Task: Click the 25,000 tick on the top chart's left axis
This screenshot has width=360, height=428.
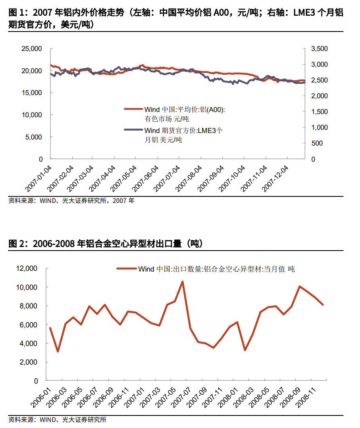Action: point(31,48)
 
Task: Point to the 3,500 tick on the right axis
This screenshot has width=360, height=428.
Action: point(320,48)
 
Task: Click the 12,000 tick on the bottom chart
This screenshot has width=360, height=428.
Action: point(26,268)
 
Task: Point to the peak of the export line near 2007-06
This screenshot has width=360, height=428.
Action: point(183,282)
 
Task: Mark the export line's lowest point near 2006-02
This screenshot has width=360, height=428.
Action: point(58,351)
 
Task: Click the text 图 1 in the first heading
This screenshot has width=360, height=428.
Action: point(16,13)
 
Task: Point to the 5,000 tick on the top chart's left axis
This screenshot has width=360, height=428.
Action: point(33,137)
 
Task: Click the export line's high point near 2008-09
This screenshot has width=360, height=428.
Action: point(299,287)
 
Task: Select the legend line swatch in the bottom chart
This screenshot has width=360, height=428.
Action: point(126,268)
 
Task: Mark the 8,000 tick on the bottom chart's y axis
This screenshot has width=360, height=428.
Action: point(28,306)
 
